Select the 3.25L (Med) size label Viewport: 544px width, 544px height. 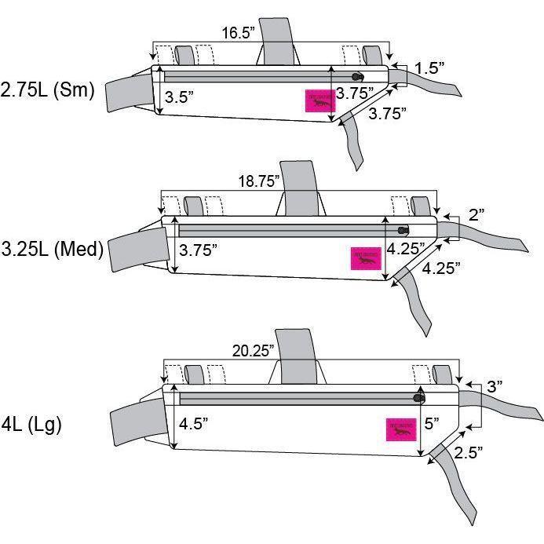[x=52, y=250]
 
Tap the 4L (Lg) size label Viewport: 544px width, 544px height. [x=32, y=424]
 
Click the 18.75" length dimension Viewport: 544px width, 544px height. [x=259, y=181]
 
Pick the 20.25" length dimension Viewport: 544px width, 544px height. [x=254, y=349]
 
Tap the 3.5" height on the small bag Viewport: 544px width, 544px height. [x=179, y=98]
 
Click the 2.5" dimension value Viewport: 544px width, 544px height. [x=468, y=452]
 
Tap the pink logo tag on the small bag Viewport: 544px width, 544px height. [x=319, y=101]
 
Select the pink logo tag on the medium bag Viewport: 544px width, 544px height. [x=365, y=258]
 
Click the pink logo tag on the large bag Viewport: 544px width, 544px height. [x=400, y=430]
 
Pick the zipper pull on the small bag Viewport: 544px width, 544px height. [x=358, y=76]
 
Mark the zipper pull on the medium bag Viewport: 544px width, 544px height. [x=403, y=229]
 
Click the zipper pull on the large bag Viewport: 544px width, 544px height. [x=419, y=398]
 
